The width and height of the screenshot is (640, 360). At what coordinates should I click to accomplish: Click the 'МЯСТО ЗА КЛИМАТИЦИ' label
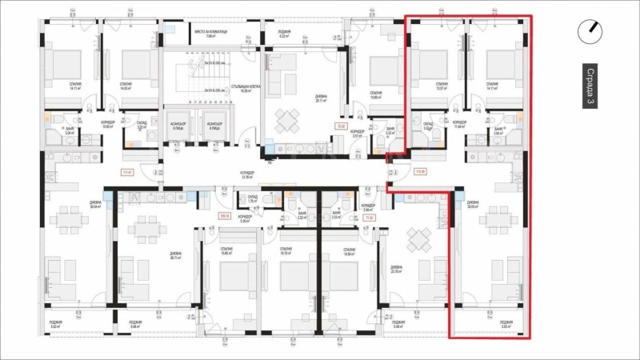(x=210, y=34)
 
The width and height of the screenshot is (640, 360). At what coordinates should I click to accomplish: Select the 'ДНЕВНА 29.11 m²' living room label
(x=321, y=98)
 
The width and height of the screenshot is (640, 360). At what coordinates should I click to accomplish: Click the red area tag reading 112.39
(x=420, y=171)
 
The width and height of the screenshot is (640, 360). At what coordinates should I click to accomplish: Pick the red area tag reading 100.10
(x=224, y=215)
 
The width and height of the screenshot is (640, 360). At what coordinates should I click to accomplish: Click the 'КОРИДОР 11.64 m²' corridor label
(x=459, y=125)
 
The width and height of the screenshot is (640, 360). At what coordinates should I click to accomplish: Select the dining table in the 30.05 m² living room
(x=499, y=218)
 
